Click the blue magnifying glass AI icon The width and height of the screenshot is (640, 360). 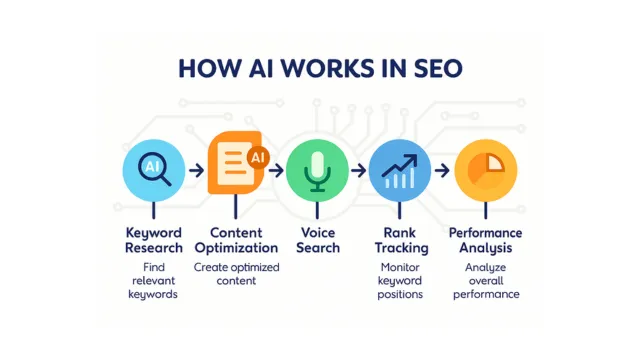click(x=153, y=168)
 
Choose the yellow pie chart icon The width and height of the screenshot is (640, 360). click(x=485, y=168)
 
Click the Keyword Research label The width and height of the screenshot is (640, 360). click(x=153, y=240)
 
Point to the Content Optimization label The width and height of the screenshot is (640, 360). click(x=236, y=240)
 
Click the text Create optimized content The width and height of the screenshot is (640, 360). click(x=236, y=275)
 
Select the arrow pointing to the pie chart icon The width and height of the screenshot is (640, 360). click(x=440, y=168)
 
